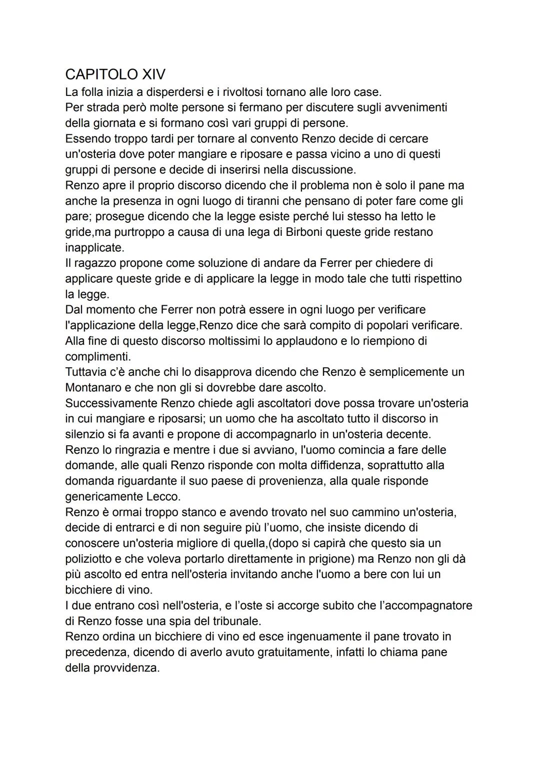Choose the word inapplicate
pyautogui.click(x=94, y=248)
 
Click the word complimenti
pyautogui.click(x=97, y=357)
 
